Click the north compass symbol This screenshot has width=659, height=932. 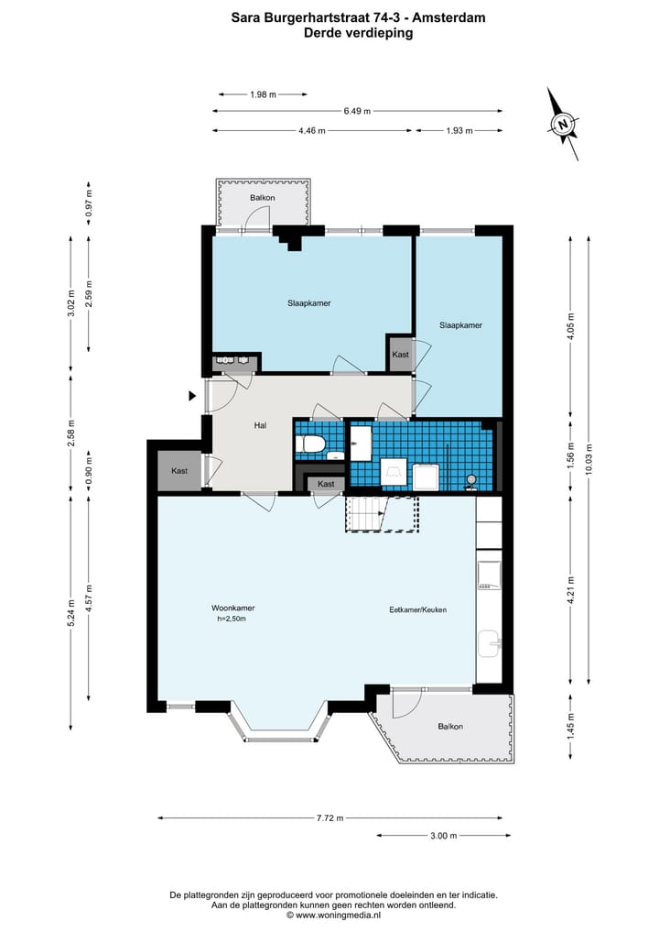point(562,124)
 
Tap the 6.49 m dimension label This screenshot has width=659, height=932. point(357,111)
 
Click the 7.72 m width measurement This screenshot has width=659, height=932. point(330,817)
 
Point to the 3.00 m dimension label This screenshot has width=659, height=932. point(444,836)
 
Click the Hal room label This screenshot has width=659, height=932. point(260,425)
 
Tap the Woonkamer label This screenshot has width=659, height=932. point(233,609)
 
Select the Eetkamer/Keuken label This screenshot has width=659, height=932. point(418,609)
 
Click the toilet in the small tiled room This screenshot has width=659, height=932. point(311,444)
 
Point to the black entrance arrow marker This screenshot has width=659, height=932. point(192,396)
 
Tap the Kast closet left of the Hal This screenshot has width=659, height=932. point(179,471)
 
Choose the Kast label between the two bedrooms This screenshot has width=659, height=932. point(401,355)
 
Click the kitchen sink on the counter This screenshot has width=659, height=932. point(489,643)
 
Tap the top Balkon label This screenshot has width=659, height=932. point(263,197)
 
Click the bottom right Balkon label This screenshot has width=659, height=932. point(450,727)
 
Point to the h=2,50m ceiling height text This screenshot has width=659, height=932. point(232,619)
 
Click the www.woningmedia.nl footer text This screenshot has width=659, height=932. point(338,916)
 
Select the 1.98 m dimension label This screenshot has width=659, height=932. point(263,94)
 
